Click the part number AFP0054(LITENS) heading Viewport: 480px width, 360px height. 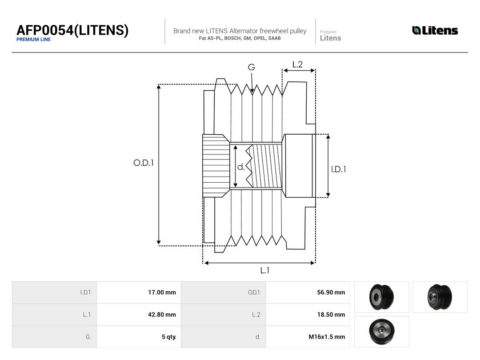pyautogui.click(x=72, y=30)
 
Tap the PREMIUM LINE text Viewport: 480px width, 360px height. pyautogui.click(x=34, y=40)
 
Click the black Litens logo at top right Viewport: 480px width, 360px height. pyautogui.click(x=435, y=30)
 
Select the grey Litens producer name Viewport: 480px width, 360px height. pyautogui.click(x=330, y=38)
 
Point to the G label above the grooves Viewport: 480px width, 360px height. pyautogui.click(x=251, y=67)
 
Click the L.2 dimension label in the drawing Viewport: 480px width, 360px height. pyautogui.click(x=297, y=64)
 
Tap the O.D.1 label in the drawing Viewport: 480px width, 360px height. pyautogui.click(x=144, y=163)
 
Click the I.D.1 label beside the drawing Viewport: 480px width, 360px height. pyautogui.click(x=339, y=169)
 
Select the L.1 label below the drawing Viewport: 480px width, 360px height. pyautogui.click(x=265, y=270)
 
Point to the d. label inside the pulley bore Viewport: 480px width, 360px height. pyautogui.click(x=241, y=167)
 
